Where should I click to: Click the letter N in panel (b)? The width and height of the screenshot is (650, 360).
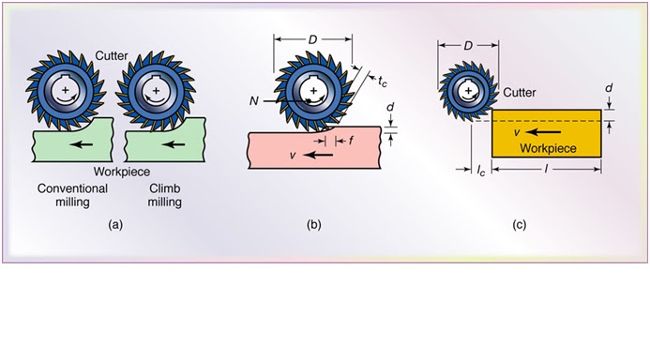256,97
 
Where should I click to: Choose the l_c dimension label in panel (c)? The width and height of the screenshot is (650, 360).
477,172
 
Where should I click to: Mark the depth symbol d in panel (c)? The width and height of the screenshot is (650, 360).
610,91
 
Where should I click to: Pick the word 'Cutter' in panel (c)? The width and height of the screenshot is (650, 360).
519,93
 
